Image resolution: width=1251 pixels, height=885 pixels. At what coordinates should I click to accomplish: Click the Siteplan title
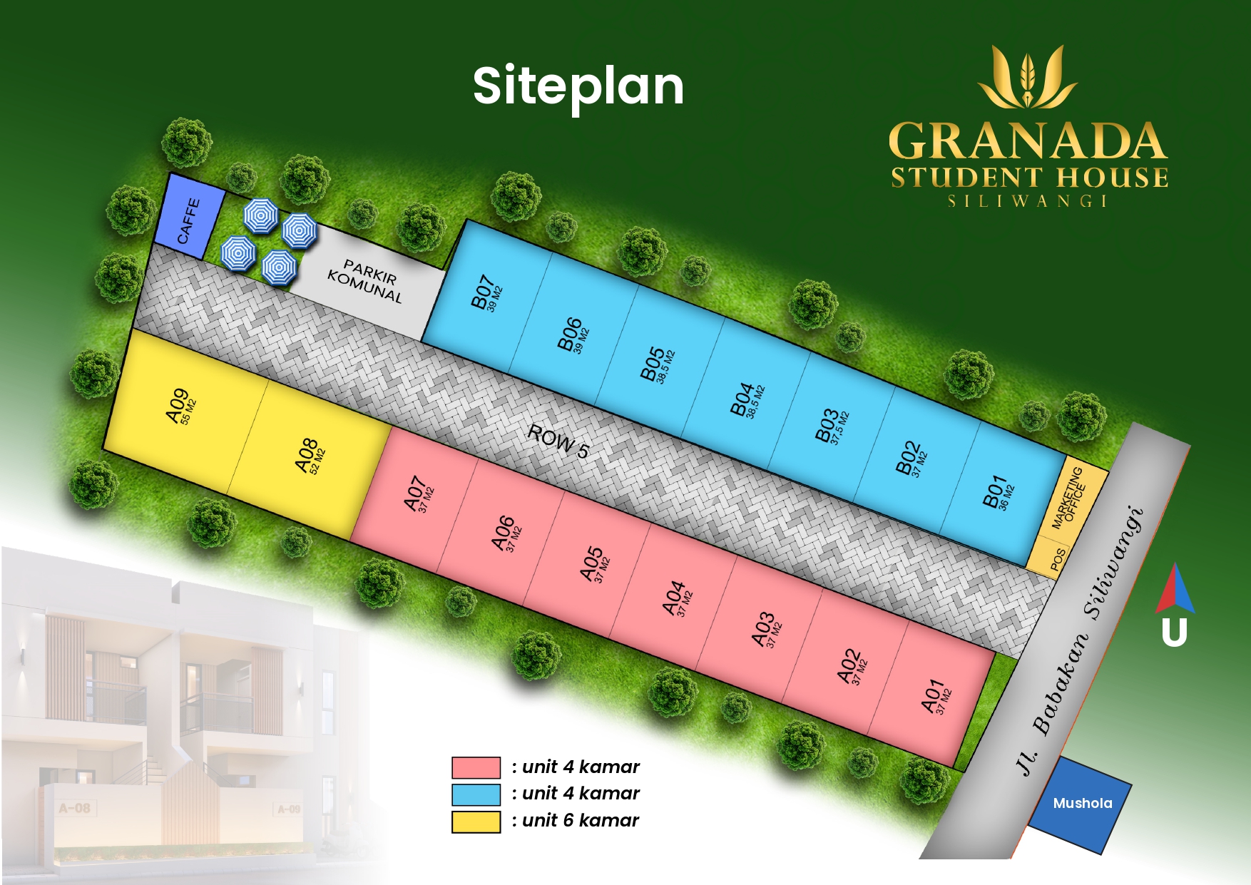pyautogui.click(x=578, y=86)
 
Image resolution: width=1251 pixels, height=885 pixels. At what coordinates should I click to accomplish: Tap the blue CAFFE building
pyautogui.click(x=189, y=218)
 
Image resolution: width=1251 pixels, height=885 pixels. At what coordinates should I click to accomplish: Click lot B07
pyautogui.click(x=486, y=293)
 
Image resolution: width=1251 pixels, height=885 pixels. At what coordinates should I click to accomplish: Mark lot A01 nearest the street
pyautogui.click(x=936, y=697)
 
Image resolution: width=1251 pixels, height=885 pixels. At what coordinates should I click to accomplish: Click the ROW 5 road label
pyautogui.click(x=558, y=441)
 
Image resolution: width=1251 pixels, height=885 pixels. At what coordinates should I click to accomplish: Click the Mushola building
pyautogui.click(x=1082, y=804)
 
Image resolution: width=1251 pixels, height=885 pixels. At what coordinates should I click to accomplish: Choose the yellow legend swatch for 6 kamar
pyautogui.click(x=476, y=822)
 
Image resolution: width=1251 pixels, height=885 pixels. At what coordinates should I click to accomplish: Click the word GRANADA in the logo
pyautogui.click(x=1028, y=141)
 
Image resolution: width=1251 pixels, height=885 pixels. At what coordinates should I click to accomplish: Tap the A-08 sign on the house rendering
pyautogui.click(x=75, y=809)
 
